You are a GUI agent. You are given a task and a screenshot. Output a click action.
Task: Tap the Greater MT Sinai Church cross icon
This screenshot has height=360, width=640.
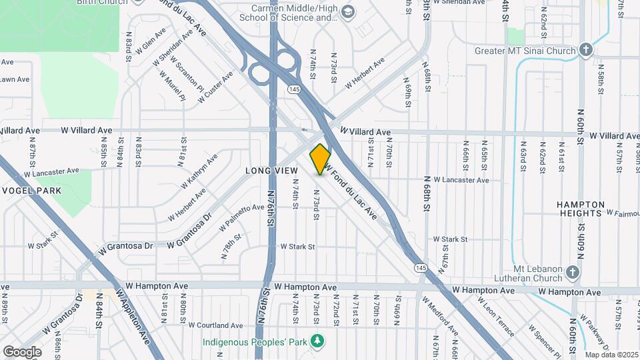tap(585, 50)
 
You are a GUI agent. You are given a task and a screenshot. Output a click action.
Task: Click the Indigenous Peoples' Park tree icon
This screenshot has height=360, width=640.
tap(318, 341)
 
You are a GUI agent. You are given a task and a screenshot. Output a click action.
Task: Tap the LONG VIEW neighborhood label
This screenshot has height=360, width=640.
tap(271, 171)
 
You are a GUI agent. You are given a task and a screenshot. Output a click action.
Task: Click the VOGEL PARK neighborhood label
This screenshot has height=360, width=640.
tap(31, 191)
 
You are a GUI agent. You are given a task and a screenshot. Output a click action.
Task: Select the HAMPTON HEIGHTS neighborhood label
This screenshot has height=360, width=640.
tap(581, 209)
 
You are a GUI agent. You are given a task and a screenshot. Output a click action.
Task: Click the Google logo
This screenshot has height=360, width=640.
tap(21, 351)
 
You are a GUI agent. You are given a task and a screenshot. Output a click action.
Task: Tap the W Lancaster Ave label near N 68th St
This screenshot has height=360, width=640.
tap(461, 180)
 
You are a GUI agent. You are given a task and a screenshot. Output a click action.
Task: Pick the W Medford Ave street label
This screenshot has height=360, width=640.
tap(440, 316)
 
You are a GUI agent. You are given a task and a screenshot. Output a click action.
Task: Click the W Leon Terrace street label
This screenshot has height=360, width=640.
tap(495, 313)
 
